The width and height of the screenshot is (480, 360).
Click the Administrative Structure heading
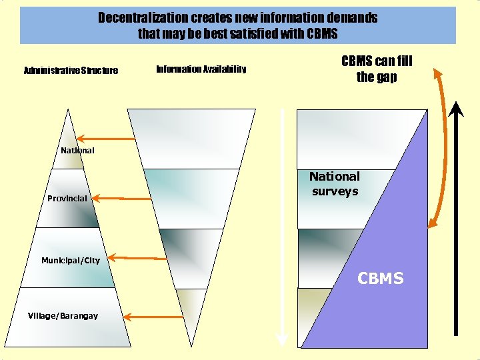coord(71,70)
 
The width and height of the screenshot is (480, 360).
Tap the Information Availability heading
coord(201,69)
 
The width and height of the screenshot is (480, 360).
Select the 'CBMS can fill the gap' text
coord(377,69)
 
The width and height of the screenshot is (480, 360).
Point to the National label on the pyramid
coord(77,151)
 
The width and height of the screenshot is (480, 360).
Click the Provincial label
coord(67,199)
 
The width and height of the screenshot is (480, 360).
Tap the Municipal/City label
coord(70,260)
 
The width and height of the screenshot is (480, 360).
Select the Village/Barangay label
coord(63,315)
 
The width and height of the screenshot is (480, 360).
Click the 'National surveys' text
coord(334,184)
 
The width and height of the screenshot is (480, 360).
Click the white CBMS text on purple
coord(381,279)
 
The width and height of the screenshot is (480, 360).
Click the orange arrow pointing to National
coord(115,139)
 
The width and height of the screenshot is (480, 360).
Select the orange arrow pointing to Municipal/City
coord(137,257)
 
